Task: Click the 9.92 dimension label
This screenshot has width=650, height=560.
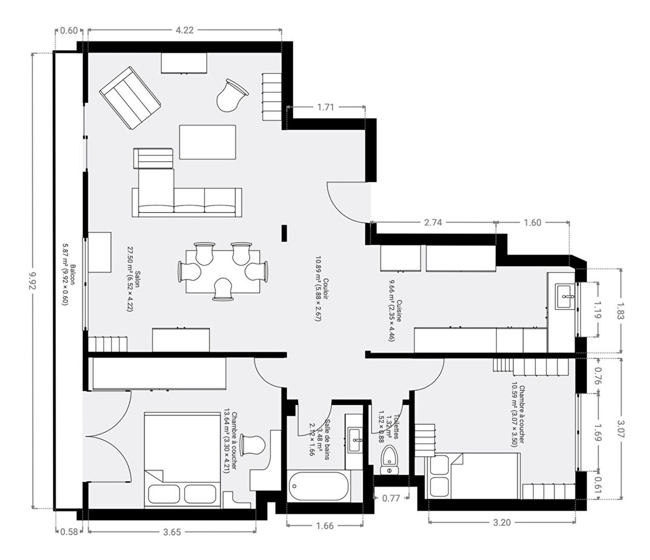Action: [x=33, y=281]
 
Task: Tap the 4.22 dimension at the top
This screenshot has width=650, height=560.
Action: [x=185, y=30]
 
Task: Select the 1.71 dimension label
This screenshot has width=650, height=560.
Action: [x=325, y=107]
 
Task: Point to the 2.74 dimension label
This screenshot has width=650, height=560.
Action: [x=433, y=222]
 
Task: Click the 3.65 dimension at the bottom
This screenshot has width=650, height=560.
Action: [x=172, y=532]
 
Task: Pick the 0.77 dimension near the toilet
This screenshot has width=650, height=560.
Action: [x=391, y=498]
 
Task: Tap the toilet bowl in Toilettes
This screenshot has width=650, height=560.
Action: [x=389, y=459]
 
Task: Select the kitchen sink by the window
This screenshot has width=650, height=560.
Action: [x=564, y=297]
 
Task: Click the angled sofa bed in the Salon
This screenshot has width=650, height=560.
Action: [x=130, y=98]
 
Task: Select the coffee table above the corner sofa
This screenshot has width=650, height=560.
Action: [x=208, y=142]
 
